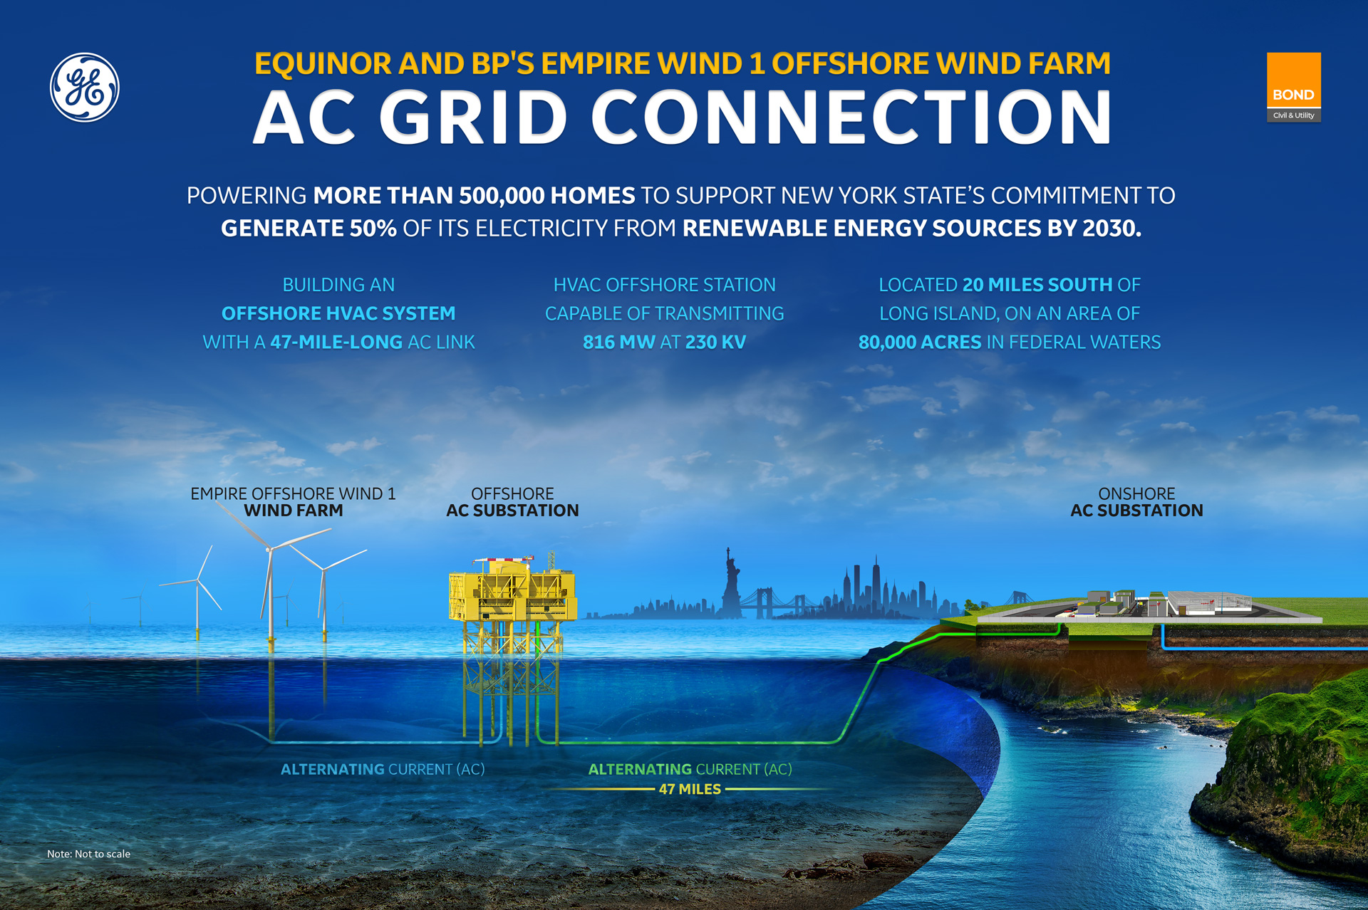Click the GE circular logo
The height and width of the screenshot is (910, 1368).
click(85, 88)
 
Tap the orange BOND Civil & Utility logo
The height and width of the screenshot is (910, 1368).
click(1293, 87)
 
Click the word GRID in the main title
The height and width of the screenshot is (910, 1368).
click(473, 117)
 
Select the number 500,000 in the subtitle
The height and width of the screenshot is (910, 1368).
click(502, 195)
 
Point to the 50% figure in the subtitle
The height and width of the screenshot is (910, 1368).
click(373, 228)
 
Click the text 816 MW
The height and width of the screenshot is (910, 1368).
click(618, 342)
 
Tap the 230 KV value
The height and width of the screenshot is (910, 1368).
click(715, 342)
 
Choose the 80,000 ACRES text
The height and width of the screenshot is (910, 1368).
click(920, 342)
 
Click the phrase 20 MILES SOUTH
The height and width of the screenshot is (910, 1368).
click(1037, 285)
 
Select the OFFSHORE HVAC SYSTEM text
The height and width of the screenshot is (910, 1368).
click(338, 313)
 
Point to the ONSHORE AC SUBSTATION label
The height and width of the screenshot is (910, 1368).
click(1136, 502)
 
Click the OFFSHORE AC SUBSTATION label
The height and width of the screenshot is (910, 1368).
click(512, 502)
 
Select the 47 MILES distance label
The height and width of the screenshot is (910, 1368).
click(690, 789)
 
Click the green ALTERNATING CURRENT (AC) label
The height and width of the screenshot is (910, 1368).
click(690, 769)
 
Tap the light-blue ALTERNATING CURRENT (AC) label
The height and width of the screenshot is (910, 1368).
click(383, 769)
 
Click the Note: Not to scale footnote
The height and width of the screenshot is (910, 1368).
click(88, 854)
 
